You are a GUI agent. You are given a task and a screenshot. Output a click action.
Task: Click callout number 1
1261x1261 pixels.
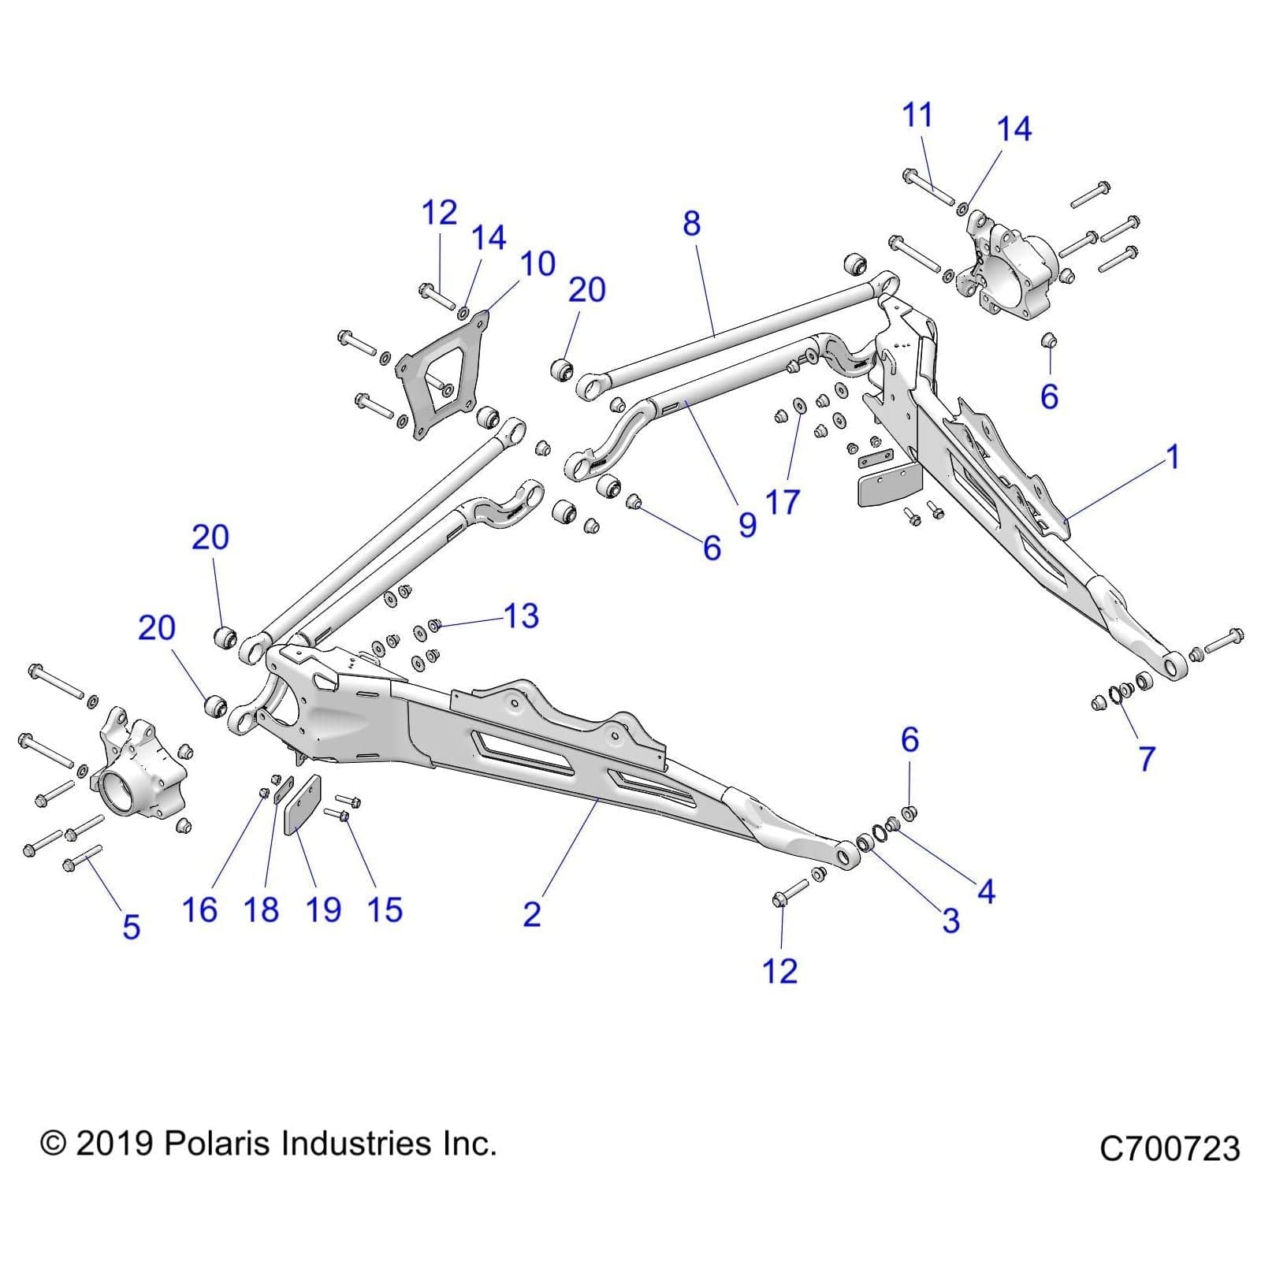coord(1173,457)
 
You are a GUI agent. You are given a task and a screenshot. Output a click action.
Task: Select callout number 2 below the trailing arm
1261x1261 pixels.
coord(532,914)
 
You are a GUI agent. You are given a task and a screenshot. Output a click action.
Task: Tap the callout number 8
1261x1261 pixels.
coord(691,224)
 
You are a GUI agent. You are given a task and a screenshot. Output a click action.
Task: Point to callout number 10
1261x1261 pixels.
coord(538,264)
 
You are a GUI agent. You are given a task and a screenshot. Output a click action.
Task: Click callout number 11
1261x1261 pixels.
coord(917,115)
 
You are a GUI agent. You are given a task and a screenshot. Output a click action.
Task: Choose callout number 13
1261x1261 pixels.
coord(521,616)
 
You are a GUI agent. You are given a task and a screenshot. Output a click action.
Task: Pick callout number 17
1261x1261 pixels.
coord(783,502)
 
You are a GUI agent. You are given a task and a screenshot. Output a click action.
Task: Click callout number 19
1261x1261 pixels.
coord(323,910)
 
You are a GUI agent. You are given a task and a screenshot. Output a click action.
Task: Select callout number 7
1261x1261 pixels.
coord(1147,759)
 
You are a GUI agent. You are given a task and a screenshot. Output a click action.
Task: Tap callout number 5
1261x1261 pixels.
coord(131,927)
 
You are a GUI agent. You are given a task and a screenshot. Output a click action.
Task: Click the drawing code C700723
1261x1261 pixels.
coord(1170,1149)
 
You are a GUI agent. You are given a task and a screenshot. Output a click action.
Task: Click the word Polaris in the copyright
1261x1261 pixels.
coord(218,1144)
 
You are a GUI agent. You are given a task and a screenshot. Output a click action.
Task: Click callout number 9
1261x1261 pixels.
coord(747,525)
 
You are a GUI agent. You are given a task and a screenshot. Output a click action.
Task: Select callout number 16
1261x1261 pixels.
coord(199,910)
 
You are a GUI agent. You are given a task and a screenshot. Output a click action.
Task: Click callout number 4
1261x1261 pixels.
coord(986,892)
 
